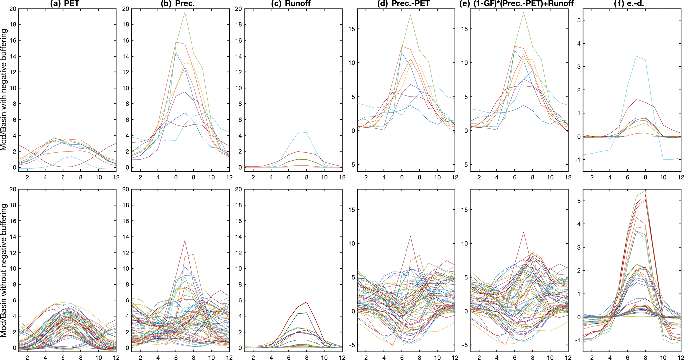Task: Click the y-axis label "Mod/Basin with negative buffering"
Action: point(4,90)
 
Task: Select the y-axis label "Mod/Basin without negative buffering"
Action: point(4,270)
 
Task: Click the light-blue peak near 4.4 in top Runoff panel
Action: point(307,132)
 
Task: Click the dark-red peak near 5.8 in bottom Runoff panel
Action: point(307,302)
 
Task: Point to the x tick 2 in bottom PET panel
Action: point(27,357)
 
